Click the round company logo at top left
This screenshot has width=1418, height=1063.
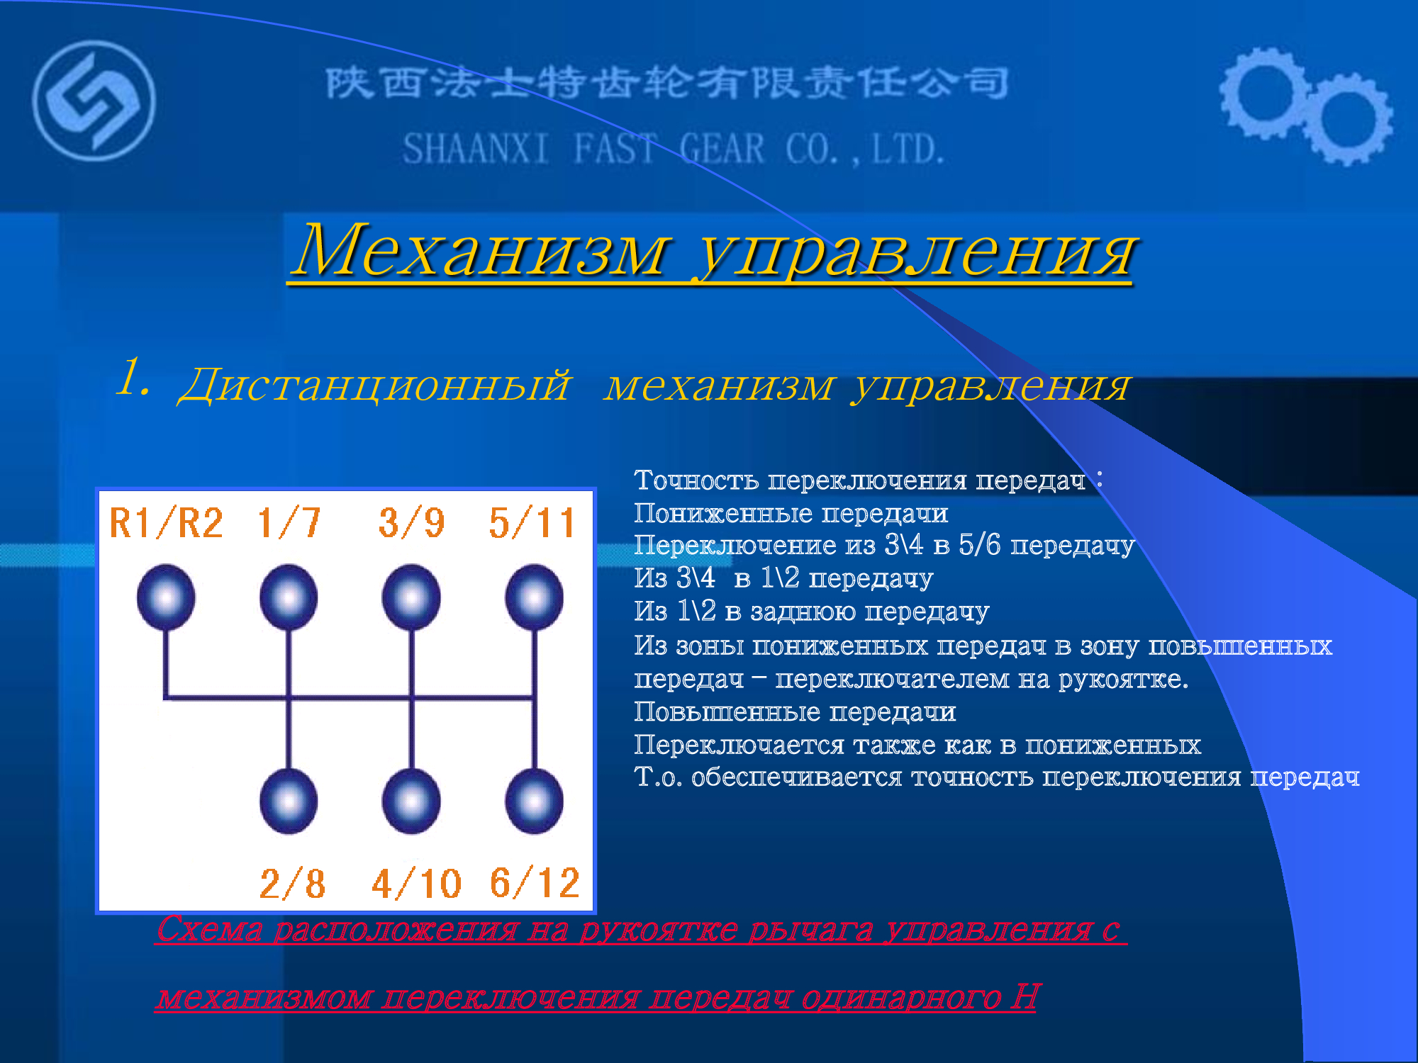[94, 101]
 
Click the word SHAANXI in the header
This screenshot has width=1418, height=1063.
[476, 150]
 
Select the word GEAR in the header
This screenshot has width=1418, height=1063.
[722, 150]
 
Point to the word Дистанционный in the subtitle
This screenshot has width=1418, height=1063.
[374, 385]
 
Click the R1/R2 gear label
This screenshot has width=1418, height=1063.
[166, 523]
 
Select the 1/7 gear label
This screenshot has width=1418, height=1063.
[289, 523]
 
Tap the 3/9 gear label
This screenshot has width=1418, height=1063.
[412, 523]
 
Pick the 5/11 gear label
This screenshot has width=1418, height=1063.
[532, 523]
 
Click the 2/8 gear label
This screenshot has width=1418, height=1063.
[293, 883]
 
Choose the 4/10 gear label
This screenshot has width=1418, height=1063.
[417, 883]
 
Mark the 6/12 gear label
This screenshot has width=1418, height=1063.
[535, 883]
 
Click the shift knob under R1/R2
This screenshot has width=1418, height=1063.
[166, 597]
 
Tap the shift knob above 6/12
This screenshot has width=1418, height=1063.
[535, 802]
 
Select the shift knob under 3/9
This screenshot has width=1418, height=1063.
[411, 597]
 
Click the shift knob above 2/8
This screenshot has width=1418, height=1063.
[289, 802]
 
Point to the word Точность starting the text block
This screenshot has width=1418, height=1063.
[697, 480]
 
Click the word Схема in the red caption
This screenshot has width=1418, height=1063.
[210, 928]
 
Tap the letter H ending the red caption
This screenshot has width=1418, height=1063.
[1025, 996]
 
